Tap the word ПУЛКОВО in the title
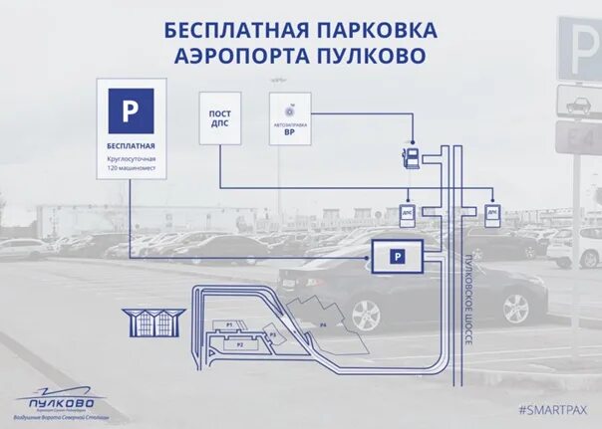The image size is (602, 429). pos(358,54)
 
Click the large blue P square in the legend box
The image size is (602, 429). pos(131,110)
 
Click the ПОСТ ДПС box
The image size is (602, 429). pos(219,118)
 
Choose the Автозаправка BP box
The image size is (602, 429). pos(290,118)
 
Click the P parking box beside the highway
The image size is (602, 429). pos(397,257)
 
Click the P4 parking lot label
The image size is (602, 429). pos(322,325)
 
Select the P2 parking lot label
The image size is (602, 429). pos(239,343)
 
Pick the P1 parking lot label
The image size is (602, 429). pos(229,324)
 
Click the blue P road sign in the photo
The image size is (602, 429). pos(579,45)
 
